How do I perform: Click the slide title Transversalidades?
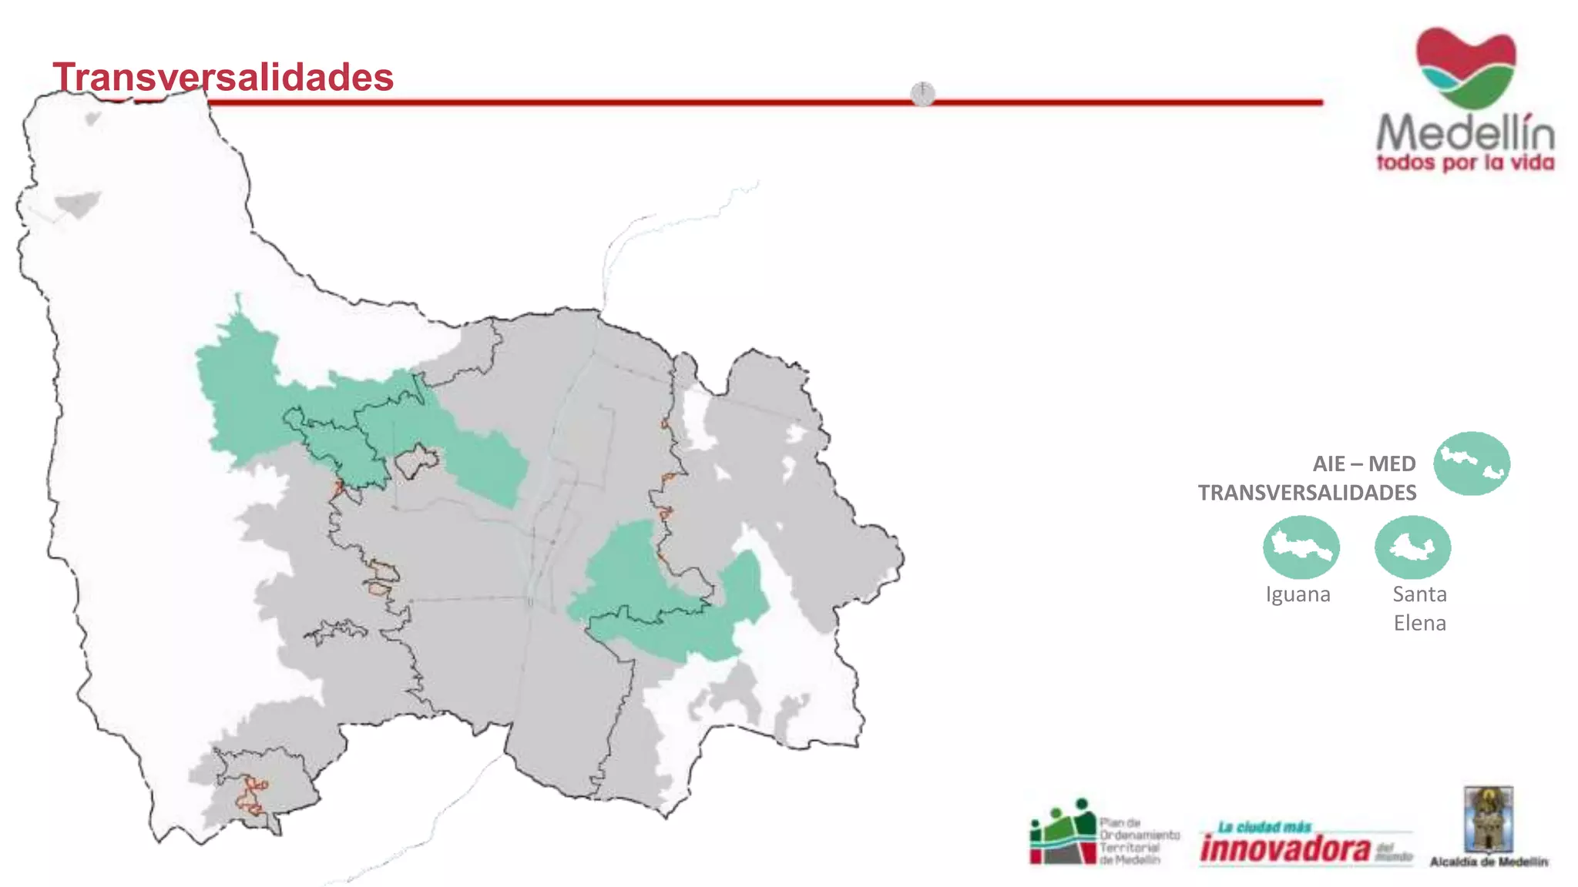[223, 77]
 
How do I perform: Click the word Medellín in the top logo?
[1466, 132]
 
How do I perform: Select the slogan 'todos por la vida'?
[1466, 163]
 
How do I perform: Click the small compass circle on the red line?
[922, 94]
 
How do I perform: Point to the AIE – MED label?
[1364, 464]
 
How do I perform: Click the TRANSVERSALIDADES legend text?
[1307, 493]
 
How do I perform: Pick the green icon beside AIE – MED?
[1471, 463]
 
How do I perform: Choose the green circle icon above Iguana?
[1301, 547]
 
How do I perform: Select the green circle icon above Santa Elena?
[1412, 547]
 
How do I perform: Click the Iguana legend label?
[1298, 594]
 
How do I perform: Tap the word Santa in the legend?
[1419, 594]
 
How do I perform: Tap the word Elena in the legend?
[1419, 623]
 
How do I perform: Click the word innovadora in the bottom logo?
[1285, 849]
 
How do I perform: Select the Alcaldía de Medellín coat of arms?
[1489, 819]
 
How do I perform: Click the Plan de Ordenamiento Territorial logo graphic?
[1063, 833]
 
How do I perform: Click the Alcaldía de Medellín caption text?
[1489, 862]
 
